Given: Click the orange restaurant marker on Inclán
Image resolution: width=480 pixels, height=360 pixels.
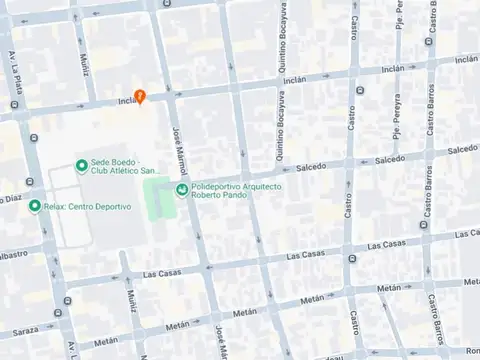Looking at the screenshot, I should click(x=141, y=96).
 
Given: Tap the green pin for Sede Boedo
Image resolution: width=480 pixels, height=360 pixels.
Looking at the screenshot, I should click(x=81, y=166).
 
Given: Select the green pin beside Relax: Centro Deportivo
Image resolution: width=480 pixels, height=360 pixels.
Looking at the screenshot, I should click(x=35, y=206).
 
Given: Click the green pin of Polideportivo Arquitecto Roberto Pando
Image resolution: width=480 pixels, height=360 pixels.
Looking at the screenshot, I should click(x=181, y=190).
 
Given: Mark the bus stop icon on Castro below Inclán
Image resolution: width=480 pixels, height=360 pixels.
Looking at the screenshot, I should click(x=353, y=87).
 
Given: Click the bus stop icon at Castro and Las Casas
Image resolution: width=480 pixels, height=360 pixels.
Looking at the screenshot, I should click(x=353, y=259).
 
